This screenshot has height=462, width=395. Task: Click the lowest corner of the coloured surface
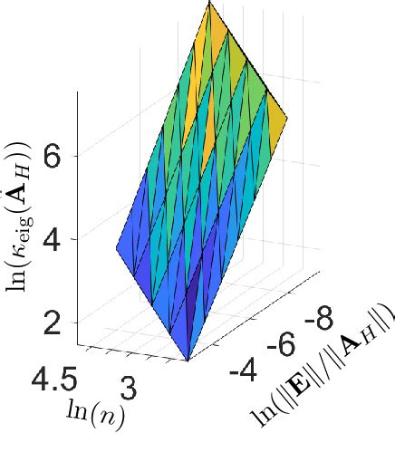[188, 361]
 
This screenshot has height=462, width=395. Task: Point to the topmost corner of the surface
[210, 3]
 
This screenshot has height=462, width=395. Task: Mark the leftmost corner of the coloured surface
[115, 247]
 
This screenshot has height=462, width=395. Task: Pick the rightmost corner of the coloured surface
[288, 117]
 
